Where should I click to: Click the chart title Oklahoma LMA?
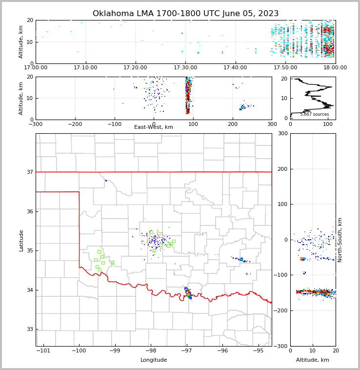coord(185,14)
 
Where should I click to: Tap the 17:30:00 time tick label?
coord(185,68)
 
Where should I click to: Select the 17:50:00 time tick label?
coord(285,68)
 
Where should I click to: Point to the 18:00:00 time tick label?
coord(335,68)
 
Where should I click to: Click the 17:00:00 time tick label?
coord(36,68)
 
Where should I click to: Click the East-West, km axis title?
coord(154,127)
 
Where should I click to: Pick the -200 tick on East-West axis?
coord(75,124)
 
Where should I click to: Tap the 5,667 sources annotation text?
coord(314,114)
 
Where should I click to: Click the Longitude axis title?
coord(154,360)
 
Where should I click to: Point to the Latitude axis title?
coord(21,240)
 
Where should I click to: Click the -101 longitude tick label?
coord(43,350)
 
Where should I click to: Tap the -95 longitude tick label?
coord(258,350)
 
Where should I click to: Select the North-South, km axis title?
coord(340,240)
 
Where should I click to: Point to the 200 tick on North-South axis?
coord(281,169)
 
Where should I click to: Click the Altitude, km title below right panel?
coord(313,360)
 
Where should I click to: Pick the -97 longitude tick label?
coord(186,350)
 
